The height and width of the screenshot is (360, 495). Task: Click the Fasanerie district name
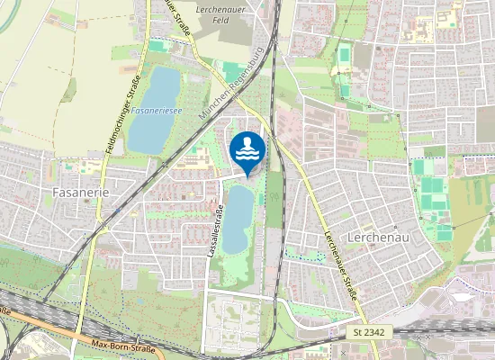(x=81, y=193)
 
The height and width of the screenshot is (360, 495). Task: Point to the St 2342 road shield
(x=368, y=333)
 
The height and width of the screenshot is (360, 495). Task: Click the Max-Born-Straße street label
(x=123, y=346)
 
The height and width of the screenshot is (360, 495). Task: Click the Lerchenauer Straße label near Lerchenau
(x=341, y=265)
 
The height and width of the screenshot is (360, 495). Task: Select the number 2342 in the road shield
(x=373, y=333)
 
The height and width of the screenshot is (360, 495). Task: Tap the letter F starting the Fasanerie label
(x=57, y=193)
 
